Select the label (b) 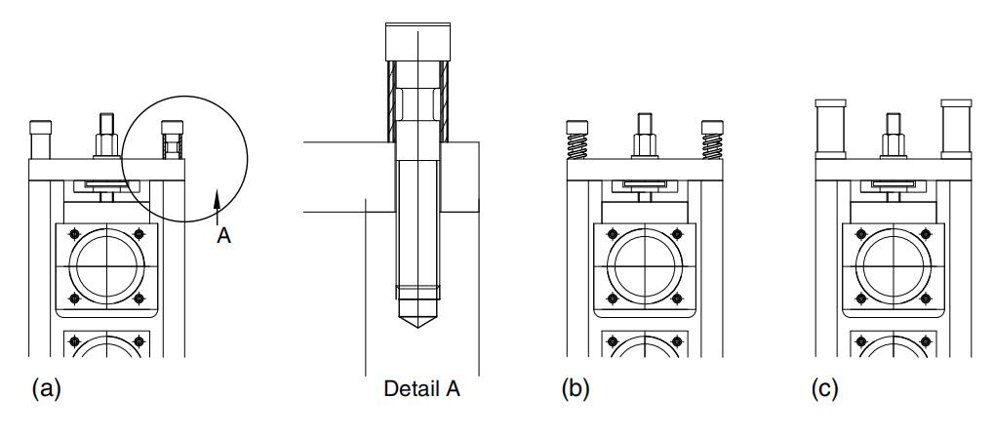(x=577, y=390)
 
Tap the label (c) (x=824, y=390)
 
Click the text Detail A (x=422, y=390)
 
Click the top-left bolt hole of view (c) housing (x=859, y=234)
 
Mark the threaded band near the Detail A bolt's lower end (x=417, y=291)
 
